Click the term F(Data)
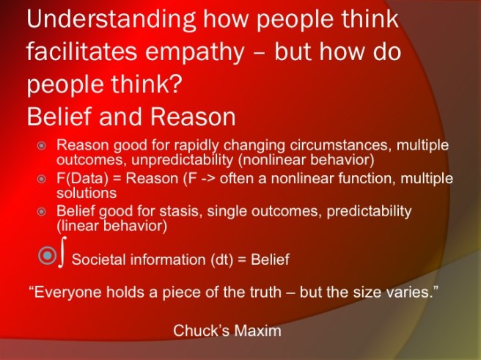(x=81, y=179)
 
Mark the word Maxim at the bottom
(x=259, y=331)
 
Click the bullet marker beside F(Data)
(x=42, y=179)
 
